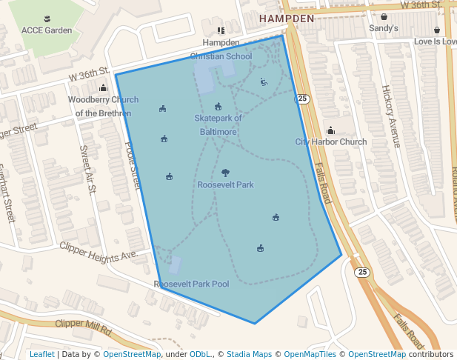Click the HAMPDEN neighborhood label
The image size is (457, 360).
pos(287,18)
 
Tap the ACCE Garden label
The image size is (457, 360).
pos(47,30)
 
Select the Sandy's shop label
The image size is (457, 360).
pos(384,28)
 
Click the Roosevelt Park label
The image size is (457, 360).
pos(225,184)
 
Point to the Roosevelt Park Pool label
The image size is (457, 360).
pos(191,284)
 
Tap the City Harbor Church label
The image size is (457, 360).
pos(330,142)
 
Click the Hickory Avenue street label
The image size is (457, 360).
pos(390,116)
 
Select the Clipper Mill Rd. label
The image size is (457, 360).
pos(83,324)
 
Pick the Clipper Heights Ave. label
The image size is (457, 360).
pos(99,250)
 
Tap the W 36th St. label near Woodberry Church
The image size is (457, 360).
pos(89,76)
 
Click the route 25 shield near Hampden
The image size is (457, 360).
pos(303,99)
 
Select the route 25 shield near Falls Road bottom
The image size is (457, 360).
pos(361,272)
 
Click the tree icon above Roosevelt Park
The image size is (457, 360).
pos(225,173)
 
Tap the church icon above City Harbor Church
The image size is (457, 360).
pos(330,130)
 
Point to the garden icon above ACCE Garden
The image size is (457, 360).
pos(47,18)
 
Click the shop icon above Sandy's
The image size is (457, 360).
pos(384,16)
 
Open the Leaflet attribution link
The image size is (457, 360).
pos(41,355)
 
